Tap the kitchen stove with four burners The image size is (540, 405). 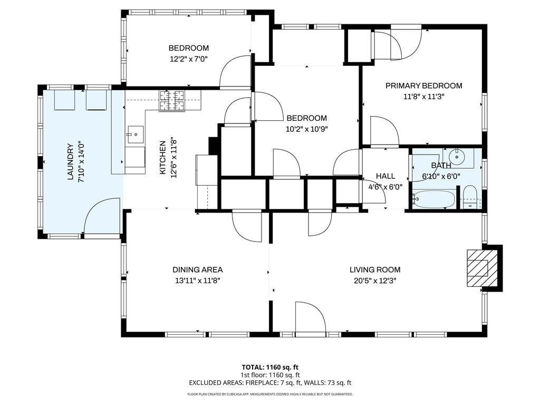172,100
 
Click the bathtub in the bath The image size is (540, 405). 434,200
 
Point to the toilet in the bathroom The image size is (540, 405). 469,196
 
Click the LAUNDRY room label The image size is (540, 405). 70,162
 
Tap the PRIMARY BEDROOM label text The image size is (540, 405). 423,86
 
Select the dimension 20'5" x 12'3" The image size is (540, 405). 374,281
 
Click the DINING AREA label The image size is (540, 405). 198,269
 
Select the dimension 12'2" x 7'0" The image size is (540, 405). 188,59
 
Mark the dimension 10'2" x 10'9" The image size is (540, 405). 306,129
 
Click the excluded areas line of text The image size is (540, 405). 270,383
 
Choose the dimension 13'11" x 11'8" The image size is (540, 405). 198,281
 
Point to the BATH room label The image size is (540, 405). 441,166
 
